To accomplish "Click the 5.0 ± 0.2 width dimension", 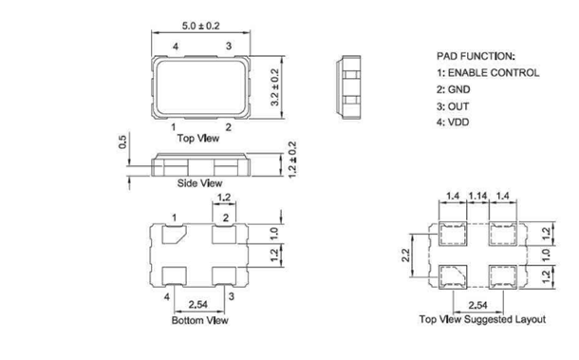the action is pyautogui.click(x=200, y=26).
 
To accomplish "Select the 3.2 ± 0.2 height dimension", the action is pyautogui.click(x=274, y=87).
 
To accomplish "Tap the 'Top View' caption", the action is pyautogui.click(x=198, y=139).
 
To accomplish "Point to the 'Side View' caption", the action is pyautogui.click(x=199, y=183).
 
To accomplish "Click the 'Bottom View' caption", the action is pyautogui.click(x=199, y=320).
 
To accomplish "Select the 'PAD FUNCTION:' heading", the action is pyautogui.click(x=476, y=56).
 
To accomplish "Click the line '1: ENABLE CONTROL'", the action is pyautogui.click(x=488, y=73).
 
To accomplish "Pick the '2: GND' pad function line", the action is pyautogui.click(x=454, y=89).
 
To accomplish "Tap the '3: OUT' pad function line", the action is pyautogui.click(x=453, y=106).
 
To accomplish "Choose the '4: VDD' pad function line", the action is pyautogui.click(x=453, y=123).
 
